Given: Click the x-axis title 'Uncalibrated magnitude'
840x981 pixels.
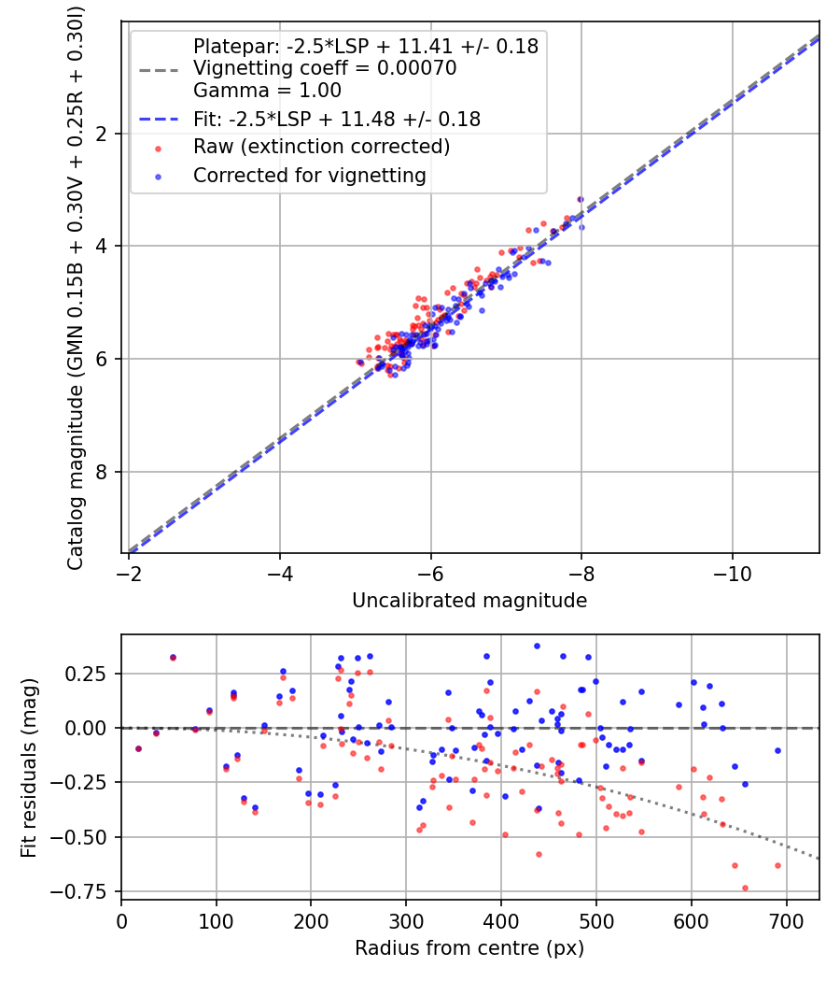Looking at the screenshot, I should click(x=469, y=601).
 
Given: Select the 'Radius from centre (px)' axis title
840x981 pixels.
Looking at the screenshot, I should click(x=469, y=947).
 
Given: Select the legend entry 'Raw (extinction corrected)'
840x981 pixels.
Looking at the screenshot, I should click(x=321, y=147).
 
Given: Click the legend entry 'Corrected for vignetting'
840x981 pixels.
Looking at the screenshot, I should click(x=309, y=175).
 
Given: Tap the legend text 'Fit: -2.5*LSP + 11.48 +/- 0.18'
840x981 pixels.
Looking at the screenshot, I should click(x=336, y=119).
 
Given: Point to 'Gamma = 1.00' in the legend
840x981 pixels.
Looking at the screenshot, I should click(x=267, y=91).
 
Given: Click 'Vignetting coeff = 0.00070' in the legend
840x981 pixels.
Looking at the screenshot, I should click(x=324, y=68).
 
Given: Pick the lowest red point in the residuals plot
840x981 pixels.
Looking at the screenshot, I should click(x=745, y=888).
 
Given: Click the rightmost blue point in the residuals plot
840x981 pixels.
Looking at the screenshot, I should click(x=777, y=750).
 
